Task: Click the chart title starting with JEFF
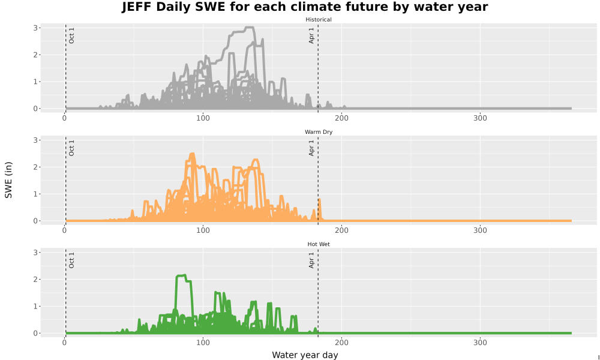click(305, 7)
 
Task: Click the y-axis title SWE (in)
click(8, 180)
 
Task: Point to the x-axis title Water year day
click(305, 355)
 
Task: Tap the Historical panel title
click(319, 20)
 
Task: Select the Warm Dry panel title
click(319, 132)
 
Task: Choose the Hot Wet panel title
click(319, 244)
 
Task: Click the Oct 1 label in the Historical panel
click(71, 35)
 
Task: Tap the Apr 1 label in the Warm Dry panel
click(311, 148)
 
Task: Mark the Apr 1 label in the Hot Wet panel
click(311, 260)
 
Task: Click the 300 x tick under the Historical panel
click(480, 118)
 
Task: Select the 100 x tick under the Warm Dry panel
click(203, 230)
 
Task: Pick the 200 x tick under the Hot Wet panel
click(342, 343)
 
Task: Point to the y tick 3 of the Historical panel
click(35, 28)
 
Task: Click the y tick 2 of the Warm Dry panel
click(35, 167)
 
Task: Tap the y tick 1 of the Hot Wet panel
click(35, 307)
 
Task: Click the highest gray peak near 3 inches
click(249, 28)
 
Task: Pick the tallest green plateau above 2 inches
click(181, 275)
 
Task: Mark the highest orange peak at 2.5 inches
click(192, 154)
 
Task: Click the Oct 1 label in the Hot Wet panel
click(71, 260)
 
